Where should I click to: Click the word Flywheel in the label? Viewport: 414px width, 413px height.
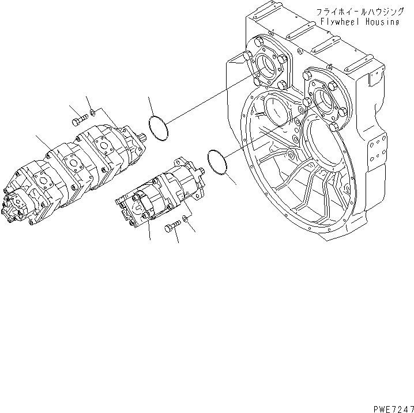click(x=340, y=22)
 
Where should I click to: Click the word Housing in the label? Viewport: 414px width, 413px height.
click(x=381, y=22)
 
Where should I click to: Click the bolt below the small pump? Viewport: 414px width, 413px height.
click(x=172, y=228)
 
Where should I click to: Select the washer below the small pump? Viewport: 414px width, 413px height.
click(x=185, y=219)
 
